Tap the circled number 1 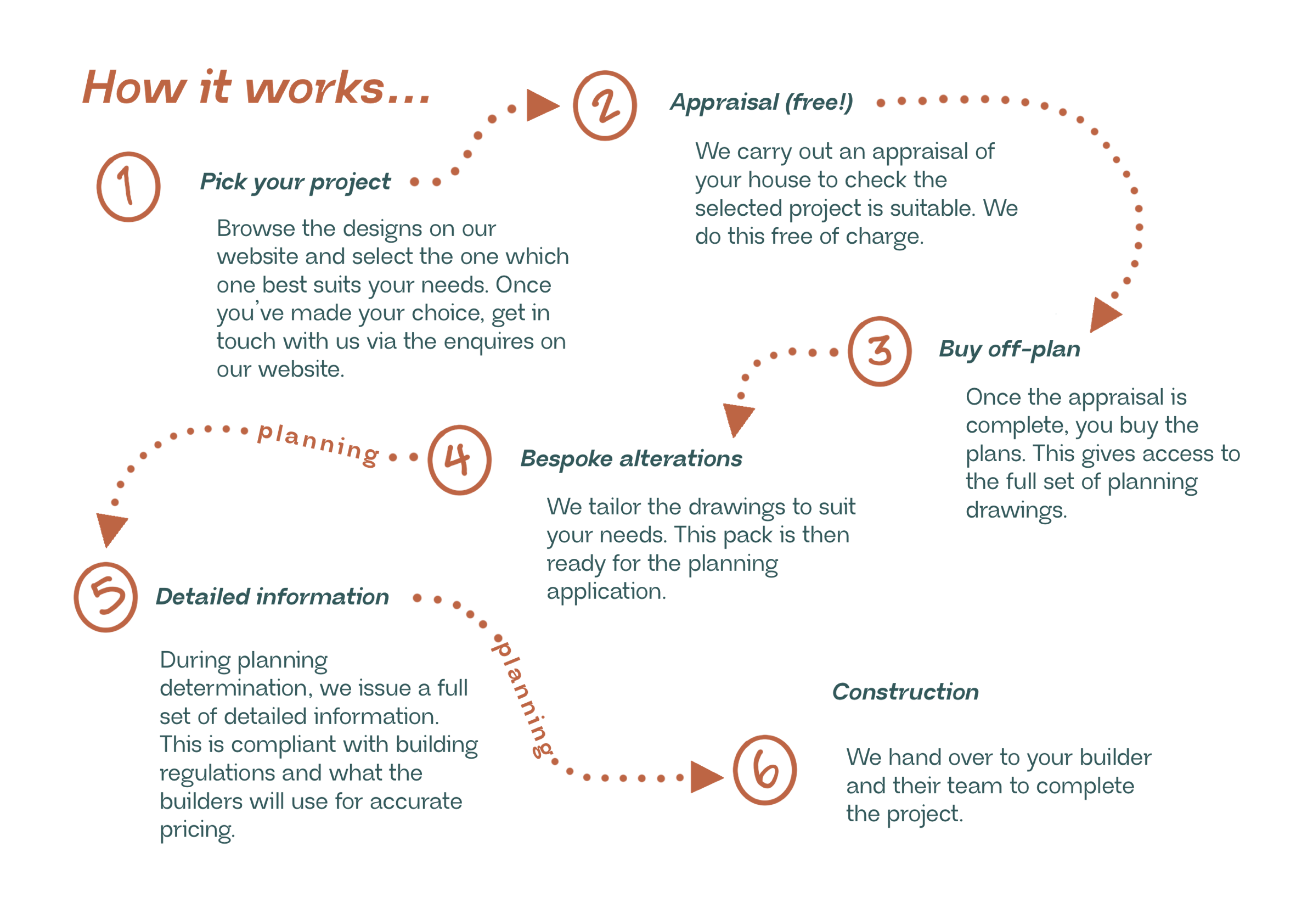click(x=128, y=187)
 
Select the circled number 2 click(x=605, y=105)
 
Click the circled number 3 click(x=879, y=351)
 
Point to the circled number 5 click(x=105, y=597)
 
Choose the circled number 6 click(x=764, y=770)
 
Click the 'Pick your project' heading click(x=296, y=182)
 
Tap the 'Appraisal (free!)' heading click(x=761, y=103)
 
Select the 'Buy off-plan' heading click(x=1009, y=350)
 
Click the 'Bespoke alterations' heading click(x=631, y=459)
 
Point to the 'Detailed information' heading click(x=273, y=597)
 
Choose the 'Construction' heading click(x=905, y=692)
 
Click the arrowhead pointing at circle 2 click(x=540, y=105)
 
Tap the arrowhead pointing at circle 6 click(x=705, y=777)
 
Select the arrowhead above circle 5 click(x=111, y=528)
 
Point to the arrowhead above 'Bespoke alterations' click(x=737, y=418)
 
